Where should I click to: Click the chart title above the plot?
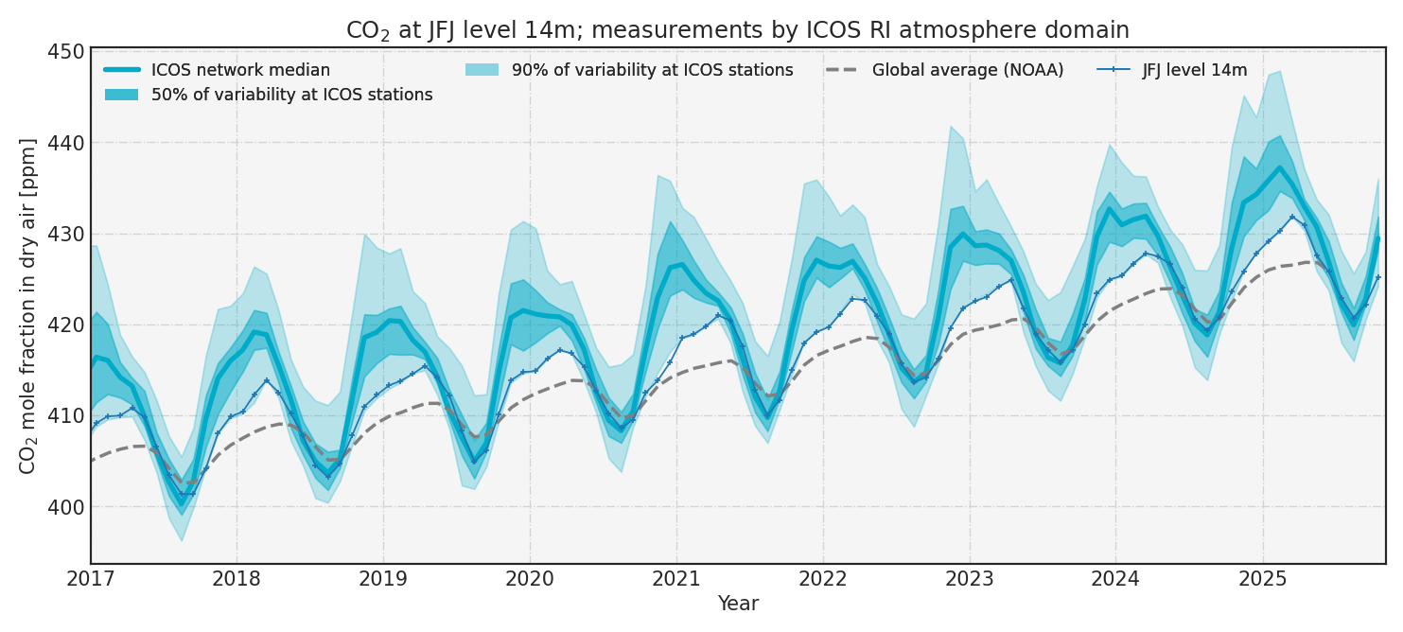click(x=737, y=30)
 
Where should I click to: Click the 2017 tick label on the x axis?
click(x=91, y=578)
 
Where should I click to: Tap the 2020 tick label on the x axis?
click(x=530, y=578)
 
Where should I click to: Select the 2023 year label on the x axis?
click(x=969, y=578)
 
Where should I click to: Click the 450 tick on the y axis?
click(x=66, y=52)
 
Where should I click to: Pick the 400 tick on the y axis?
click(x=66, y=507)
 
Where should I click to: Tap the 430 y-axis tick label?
click(x=66, y=235)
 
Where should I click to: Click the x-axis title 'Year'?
click(x=738, y=604)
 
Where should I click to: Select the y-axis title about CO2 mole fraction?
click(x=28, y=306)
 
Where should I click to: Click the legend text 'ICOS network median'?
click(x=240, y=70)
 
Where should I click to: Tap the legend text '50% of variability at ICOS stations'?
click(x=291, y=95)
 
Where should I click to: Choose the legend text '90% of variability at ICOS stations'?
click(x=652, y=70)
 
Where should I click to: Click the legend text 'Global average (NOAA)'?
click(x=967, y=70)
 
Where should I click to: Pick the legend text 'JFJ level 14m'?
click(x=1194, y=70)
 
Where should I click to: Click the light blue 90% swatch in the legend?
click(x=482, y=70)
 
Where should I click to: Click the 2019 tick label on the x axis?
click(x=383, y=578)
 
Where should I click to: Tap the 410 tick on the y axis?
click(x=66, y=416)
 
